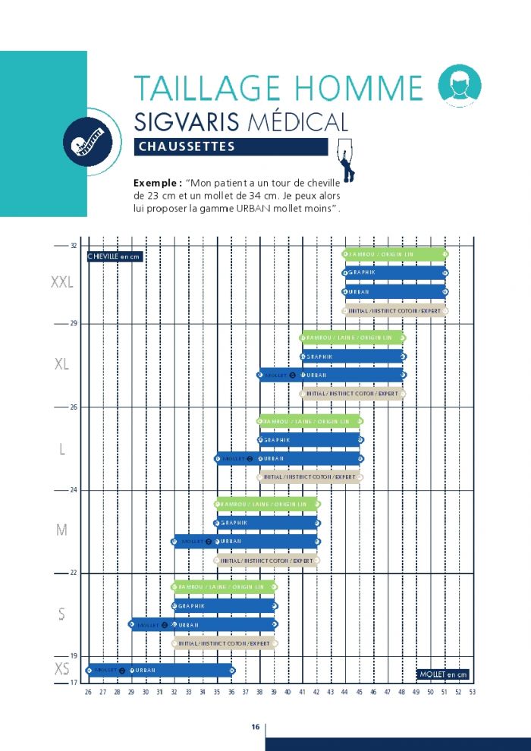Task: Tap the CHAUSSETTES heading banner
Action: pos(231,147)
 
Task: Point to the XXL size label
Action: pos(61,283)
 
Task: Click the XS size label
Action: pos(62,669)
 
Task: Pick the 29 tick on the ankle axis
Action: pos(74,323)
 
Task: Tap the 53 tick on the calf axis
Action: pos(473,692)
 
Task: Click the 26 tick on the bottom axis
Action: pos(88,692)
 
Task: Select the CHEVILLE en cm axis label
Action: pos(115,256)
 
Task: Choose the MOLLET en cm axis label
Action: pos(444,674)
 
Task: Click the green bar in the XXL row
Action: pos(395,254)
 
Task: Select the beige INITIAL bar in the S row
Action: pos(225,643)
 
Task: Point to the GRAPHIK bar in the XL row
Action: pos(353,357)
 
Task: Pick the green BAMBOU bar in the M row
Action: pos(267,504)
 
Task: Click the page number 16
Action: pos(256,727)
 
